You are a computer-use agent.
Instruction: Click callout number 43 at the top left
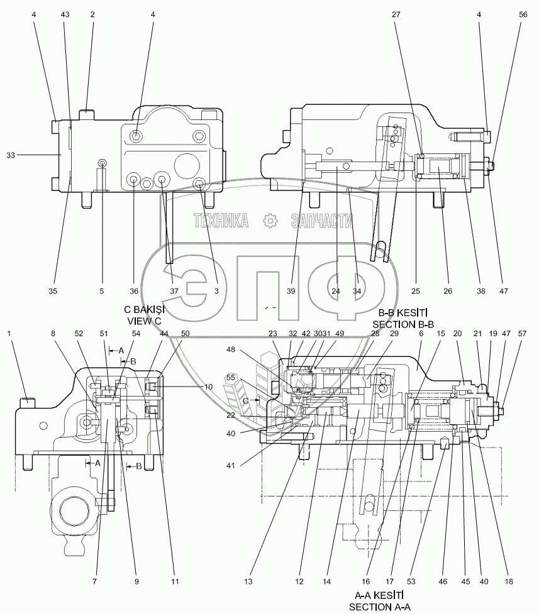tap(65, 14)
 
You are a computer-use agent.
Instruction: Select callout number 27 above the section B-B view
tap(396, 14)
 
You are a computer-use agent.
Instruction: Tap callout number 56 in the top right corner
tap(523, 14)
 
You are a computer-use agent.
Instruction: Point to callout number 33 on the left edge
tap(11, 155)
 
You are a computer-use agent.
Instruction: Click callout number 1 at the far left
tap(9, 334)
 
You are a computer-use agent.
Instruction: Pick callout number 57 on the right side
tap(522, 334)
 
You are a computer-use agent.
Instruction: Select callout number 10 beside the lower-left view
tap(209, 387)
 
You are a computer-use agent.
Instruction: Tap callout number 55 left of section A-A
tap(231, 378)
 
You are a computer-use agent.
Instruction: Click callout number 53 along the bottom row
tap(411, 582)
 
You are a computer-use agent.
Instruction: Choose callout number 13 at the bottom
tap(248, 582)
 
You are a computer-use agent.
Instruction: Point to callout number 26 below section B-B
tap(448, 291)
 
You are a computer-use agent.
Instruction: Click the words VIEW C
tap(144, 321)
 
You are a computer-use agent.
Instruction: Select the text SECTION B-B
tap(403, 324)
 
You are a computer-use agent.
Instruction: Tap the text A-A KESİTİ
tap(379, 596)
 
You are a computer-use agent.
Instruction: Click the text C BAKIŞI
tap(144, 310)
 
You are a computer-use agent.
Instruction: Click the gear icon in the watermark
tap(270, 221)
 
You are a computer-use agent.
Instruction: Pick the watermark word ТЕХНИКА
tap(221, 221)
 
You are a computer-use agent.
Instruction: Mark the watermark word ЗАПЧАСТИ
tap(322, 221)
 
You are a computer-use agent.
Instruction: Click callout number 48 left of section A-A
tap(231, 349)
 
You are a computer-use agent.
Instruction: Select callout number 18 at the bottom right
tap(509, 582)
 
